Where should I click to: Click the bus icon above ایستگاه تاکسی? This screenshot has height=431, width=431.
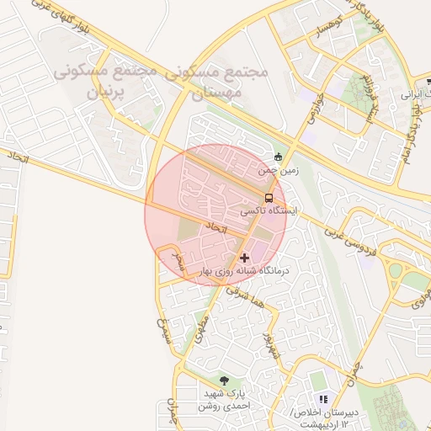(269, 198)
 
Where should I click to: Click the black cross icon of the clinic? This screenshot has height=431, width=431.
(244, 257)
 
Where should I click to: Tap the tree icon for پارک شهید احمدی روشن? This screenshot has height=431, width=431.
(223, 381)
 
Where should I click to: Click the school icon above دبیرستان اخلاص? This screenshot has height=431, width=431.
(322, 399)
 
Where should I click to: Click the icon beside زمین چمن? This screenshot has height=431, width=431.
(279, 156)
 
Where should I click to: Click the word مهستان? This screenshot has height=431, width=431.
(221, 94)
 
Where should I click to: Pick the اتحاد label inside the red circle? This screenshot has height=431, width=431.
(217, 228)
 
